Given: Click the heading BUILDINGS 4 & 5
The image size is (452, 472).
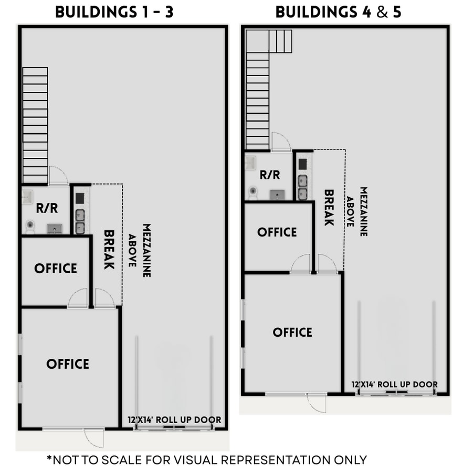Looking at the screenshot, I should coord(338,12).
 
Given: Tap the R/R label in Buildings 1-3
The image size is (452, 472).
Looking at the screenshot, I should coord(47,208).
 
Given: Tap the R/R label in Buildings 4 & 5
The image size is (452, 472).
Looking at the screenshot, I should coord(270,175).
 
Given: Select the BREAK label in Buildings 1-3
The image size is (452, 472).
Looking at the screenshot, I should coord(109,250).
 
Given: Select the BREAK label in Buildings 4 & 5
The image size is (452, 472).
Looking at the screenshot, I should coord(329,208).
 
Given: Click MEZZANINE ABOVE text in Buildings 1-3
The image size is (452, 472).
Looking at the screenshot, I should coord(140,250).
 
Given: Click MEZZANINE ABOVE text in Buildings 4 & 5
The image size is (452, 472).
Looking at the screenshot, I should coord(356,211).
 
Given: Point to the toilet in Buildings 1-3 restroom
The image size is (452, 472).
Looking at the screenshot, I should coord(30,226).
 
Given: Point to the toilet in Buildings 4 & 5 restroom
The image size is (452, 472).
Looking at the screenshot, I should coord(253,192).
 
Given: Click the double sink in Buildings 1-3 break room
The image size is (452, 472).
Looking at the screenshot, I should coord(80,221).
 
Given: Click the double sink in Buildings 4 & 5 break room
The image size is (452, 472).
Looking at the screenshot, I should coord(303,187).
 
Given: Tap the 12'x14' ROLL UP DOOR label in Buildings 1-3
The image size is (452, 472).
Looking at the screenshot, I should coord(174,420).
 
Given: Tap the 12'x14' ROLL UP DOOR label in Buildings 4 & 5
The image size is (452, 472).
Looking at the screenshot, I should coord(394,384).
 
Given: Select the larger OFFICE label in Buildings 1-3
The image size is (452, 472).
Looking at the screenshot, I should coord(68,363).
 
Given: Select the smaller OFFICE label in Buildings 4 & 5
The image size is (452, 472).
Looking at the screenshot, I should coord(277,232).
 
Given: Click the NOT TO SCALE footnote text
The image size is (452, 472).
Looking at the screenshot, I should coord(206,460).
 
